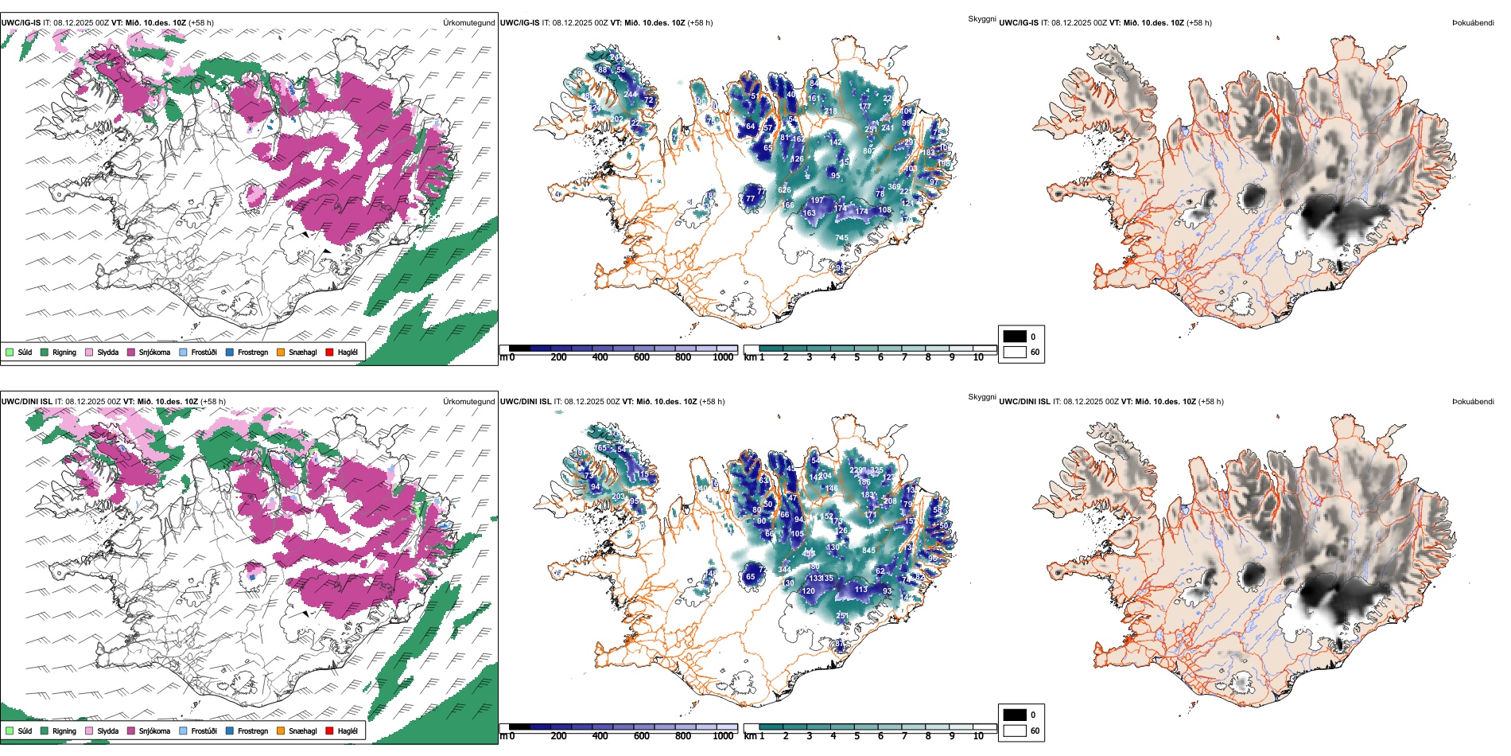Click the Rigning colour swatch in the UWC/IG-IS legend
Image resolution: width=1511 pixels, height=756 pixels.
45,352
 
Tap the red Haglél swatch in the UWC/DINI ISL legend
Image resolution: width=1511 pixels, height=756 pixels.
329,731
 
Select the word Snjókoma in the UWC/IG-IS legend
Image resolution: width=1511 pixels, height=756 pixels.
154,352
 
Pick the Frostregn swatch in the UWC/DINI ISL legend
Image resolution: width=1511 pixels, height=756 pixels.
230,731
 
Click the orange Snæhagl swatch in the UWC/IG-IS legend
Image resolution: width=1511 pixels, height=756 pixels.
281,352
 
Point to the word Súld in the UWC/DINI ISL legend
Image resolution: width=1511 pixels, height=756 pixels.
25,731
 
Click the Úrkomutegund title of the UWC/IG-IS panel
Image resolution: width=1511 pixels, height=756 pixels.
468,23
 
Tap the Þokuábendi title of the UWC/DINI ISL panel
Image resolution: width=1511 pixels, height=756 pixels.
1473,402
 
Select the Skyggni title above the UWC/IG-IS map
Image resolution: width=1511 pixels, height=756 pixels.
981,18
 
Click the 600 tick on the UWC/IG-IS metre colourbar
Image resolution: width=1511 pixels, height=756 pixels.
642,357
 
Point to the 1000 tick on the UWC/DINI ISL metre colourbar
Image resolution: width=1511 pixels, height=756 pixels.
723,736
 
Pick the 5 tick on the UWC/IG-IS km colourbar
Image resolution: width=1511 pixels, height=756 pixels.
856,357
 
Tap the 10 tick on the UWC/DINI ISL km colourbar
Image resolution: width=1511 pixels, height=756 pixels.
978,736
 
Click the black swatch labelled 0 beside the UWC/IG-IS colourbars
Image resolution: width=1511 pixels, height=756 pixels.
1015,337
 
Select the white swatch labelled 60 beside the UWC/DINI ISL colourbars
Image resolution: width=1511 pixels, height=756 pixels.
1015,731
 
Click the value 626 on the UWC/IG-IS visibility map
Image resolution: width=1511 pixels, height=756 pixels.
784,190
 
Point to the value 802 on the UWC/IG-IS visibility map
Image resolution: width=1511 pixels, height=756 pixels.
869,151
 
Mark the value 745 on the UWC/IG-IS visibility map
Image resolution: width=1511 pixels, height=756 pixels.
841,238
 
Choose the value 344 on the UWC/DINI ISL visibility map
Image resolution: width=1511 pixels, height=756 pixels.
785,570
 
